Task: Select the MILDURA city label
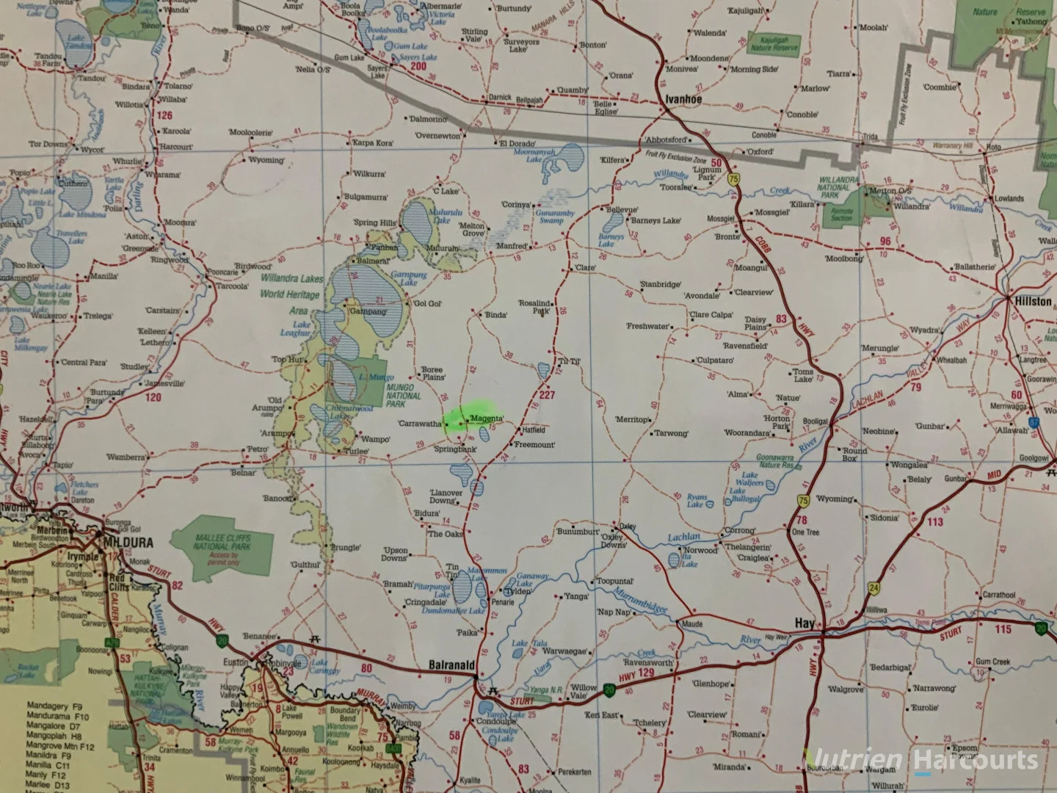(x=129, y=543)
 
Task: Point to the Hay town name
(x=805, y=623)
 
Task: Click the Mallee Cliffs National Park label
(x=222, y=543)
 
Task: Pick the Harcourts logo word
(x=977, y=761)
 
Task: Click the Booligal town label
(x=815, y=421)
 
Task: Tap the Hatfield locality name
(x=534, y=430)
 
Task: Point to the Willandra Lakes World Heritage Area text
(x=291, y=294)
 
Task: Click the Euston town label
(x=236, y=662)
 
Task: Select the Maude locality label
(x=691, y=624)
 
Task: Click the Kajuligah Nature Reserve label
(x=774, y=44)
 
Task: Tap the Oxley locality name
(x=628, y=526)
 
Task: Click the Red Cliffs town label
(x=117, y=582)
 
